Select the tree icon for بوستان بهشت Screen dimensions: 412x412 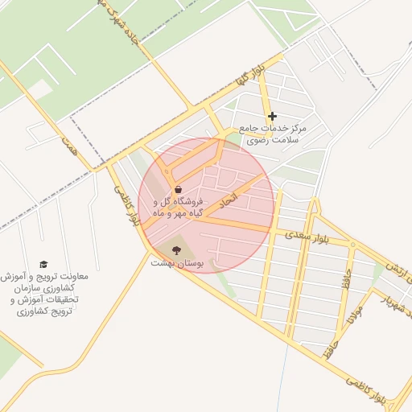[177, 249]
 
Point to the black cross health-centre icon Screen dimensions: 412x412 [272, 117]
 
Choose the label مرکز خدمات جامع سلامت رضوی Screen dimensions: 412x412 [274, 134]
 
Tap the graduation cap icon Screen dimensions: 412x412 [43, 264]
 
